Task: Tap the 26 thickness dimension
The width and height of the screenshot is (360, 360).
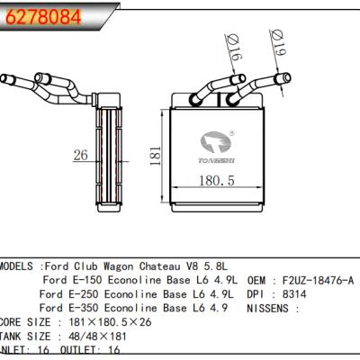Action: [x=80, y=156]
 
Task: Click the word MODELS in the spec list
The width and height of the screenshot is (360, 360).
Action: [x=19, y=267]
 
